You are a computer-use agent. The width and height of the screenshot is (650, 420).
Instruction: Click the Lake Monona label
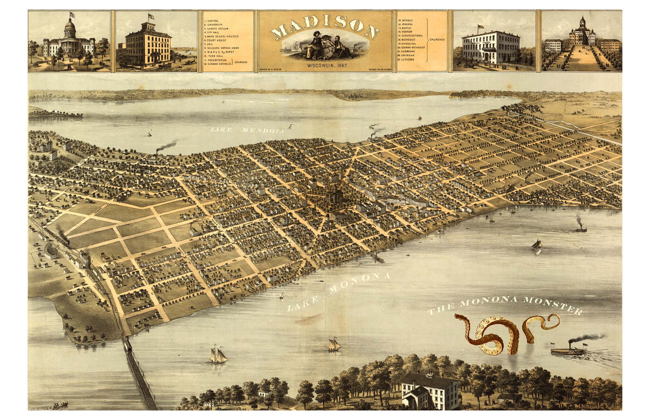[x=339, y=292]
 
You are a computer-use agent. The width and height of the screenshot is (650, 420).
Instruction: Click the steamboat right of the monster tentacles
[x=568, y=351]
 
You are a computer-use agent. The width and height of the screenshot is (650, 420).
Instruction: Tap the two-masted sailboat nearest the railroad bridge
[x=218, y=355]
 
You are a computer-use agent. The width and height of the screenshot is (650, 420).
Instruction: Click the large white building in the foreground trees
[x=430, y=391]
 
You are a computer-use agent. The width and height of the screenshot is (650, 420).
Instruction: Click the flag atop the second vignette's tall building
[x=151, y=17]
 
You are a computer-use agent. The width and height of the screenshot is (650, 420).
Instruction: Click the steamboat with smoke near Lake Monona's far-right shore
[x=580, y=227]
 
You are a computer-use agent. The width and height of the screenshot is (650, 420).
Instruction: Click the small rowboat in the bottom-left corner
[x=59, y=405]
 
